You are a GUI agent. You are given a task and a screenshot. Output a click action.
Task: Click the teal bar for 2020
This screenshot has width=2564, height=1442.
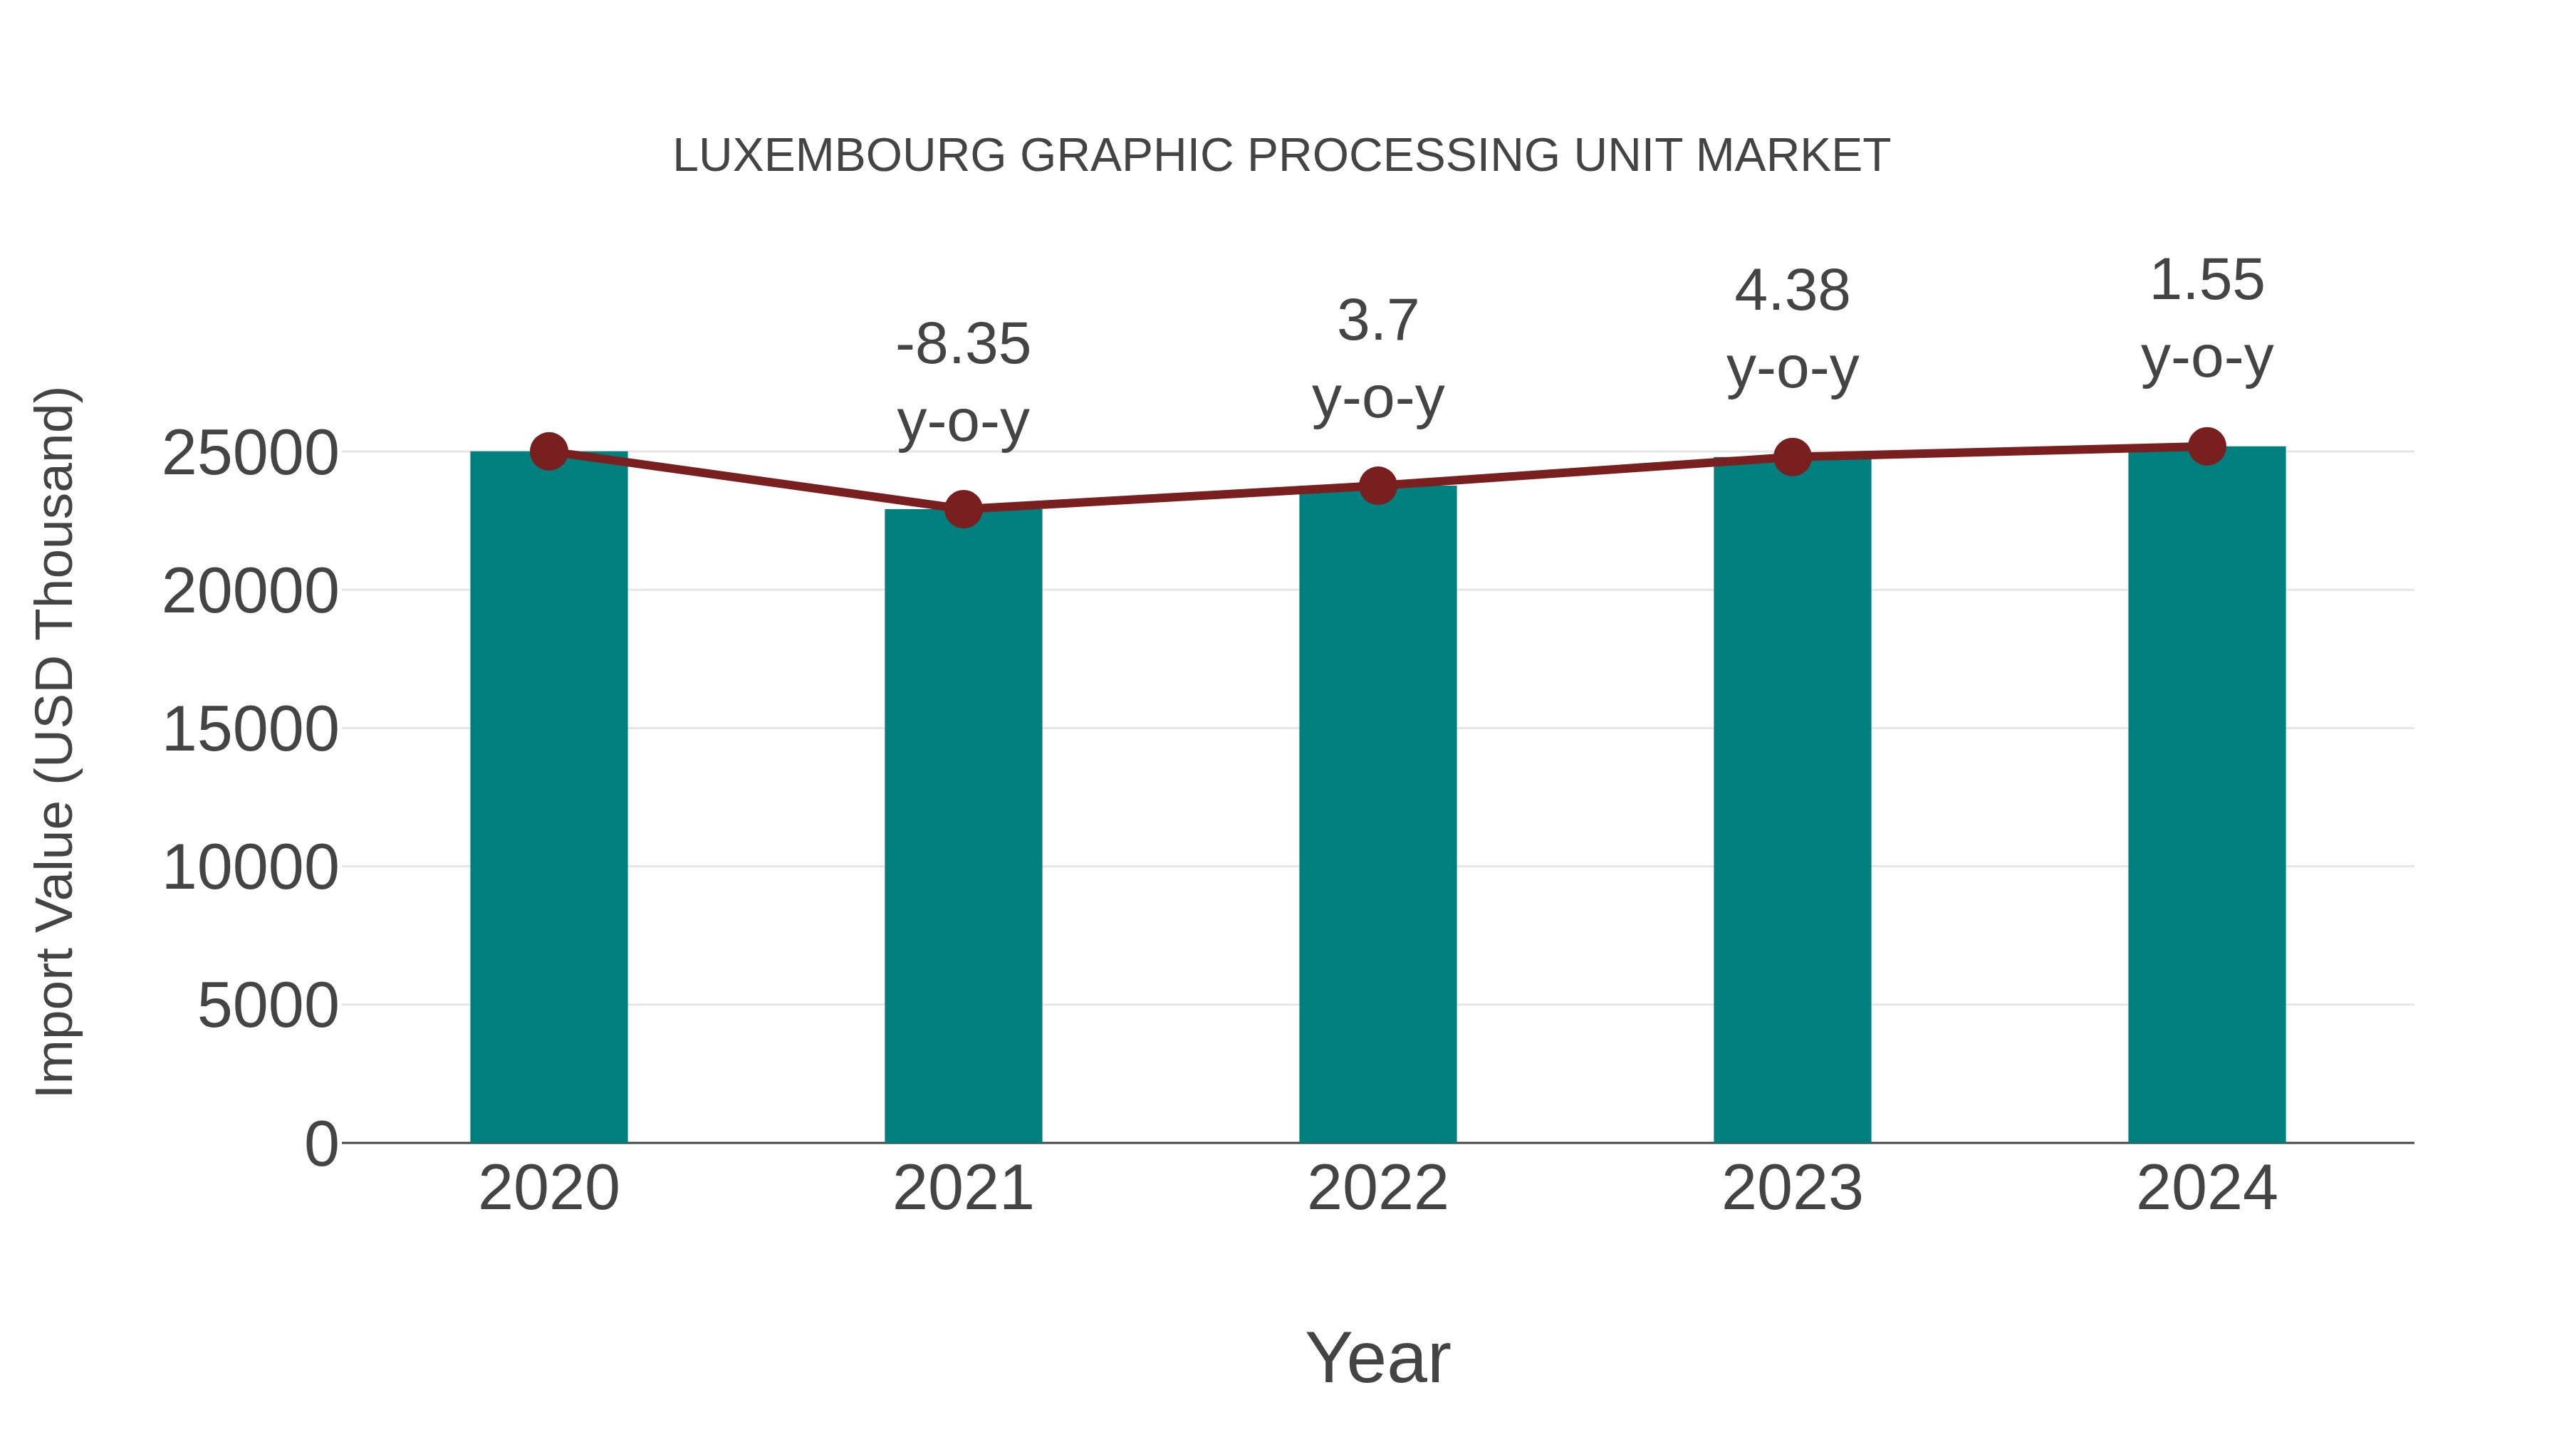point(548,796)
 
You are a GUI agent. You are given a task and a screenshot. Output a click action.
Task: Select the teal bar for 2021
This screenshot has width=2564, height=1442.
point(962,826)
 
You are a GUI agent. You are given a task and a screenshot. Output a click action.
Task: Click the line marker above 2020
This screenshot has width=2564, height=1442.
point(548,451)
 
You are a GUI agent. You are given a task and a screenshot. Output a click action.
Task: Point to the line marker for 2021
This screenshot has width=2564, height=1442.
point(962,510)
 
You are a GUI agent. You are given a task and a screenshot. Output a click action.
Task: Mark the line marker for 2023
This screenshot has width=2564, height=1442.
point(1792,456)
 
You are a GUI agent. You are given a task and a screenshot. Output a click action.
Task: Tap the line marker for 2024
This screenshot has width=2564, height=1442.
point(2206,446)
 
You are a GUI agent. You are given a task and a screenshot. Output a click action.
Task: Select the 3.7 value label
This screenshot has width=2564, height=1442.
point(1377,320)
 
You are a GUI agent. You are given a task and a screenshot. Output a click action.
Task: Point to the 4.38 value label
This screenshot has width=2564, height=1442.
point(1792,291)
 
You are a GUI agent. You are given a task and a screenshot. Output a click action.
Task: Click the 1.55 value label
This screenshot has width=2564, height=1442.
point(2206,281)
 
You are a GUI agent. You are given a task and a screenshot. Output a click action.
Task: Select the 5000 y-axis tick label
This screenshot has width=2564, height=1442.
point(267,1006)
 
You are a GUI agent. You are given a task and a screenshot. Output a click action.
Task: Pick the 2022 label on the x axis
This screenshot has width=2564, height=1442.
point(1377,1188)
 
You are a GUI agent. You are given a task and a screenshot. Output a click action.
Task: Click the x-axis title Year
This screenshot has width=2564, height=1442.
point(1377,1357)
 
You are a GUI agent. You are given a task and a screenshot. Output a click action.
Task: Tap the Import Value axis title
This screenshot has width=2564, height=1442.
point(55,741)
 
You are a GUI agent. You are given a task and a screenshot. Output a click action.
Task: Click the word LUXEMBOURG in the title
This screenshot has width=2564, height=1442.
point(839,156)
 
